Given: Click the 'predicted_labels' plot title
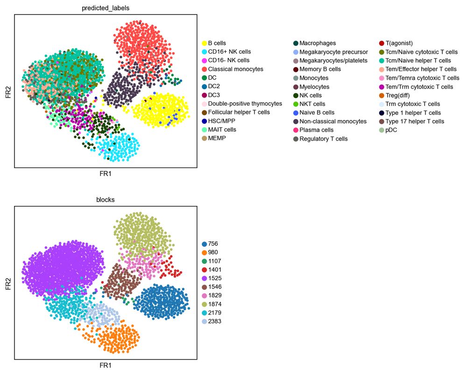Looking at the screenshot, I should tap(106, 8).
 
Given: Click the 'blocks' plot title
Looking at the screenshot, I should tap(106, 199).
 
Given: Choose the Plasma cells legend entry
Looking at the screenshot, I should tap(316, 130).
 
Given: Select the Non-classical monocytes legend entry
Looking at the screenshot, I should tap(333, 121).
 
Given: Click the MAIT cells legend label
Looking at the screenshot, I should tap(222, 130).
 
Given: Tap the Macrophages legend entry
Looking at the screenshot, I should tap(318, 43).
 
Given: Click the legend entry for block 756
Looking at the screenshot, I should tap(213, 244).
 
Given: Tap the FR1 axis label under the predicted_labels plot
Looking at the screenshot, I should tap(106, 174).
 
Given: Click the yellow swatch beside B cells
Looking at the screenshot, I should tap(204, 43).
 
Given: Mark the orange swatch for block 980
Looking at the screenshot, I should tap(204, 253).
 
